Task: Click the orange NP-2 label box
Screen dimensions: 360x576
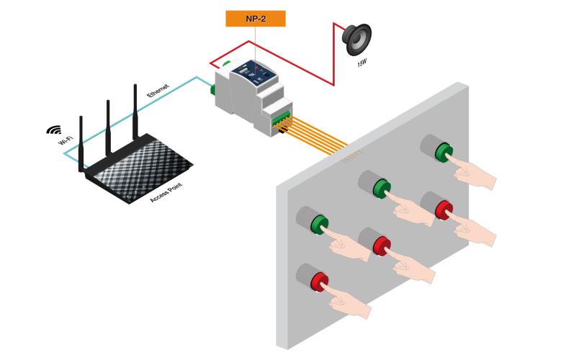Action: (x=256, y=19)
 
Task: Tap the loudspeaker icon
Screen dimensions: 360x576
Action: (x=357, y=39)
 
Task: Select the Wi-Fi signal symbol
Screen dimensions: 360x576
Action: (x=53, y=130)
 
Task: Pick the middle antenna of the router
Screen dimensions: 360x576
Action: (x=108, y=128)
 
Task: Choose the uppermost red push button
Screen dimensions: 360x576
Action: (x=444, y=210)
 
